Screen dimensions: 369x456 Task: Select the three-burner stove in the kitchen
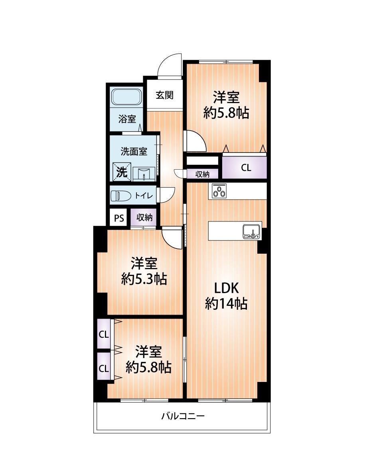pyautogui.click(x=219, y=191)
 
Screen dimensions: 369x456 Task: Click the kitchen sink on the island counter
pyautogui.click(x=251, y=232)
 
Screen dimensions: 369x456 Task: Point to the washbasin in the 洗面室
pyautogui.click(x=144, y=174)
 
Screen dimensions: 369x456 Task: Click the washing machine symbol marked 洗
pyautogui.click(x=122, y=172)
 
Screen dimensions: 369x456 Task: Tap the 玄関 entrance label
pyautogui.click(x=164, y=95)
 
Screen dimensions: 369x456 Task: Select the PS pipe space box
pyautogui.click(x=119, y=218)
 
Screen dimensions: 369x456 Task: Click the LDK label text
pyautogui.click(x=226, y=288)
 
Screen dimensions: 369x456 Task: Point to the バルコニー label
pyautogui.click(x=183, y=416)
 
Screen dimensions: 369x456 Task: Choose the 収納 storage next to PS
pyautogui.click(x=144, y=217)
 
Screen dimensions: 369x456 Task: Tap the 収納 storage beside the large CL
pyautogui.click(x=202, y=174)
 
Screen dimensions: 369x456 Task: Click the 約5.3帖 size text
pyautogui.click(x=144, y=279)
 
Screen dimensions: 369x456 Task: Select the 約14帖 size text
pyautogui.click(x=226, y=303)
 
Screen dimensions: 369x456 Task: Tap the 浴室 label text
pyautogui.click(x=127, y=119)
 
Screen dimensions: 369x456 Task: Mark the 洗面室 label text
pyautogui.click(x=134, y=151)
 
